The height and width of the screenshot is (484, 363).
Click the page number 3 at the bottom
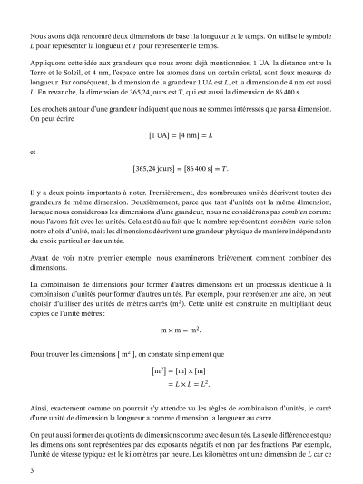32,470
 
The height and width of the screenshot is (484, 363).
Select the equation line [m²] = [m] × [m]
181,370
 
